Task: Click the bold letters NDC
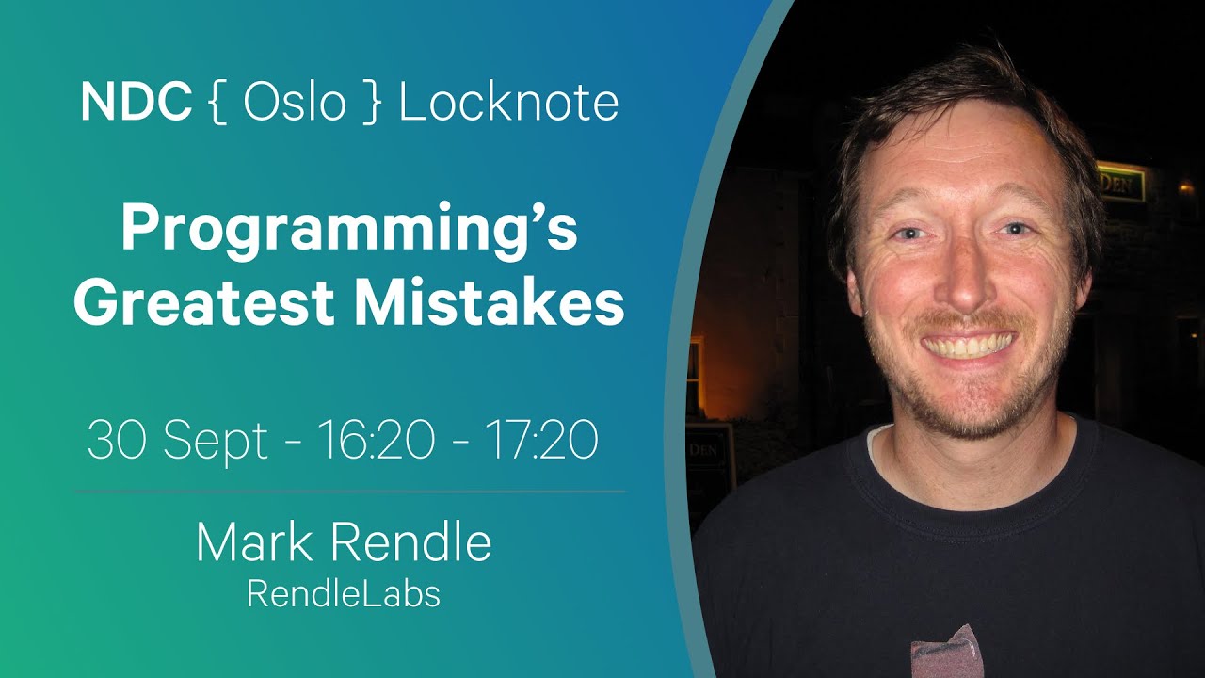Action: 137,103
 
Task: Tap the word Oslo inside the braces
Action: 295,102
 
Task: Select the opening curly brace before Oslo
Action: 217,103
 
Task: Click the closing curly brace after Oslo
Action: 372,103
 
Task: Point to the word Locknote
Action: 508,102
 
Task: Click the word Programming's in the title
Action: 349,229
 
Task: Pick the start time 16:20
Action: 377,440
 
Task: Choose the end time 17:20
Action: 541,440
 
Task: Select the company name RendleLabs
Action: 344,594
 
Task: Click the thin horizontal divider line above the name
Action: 351,492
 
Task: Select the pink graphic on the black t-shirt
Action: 947,653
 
